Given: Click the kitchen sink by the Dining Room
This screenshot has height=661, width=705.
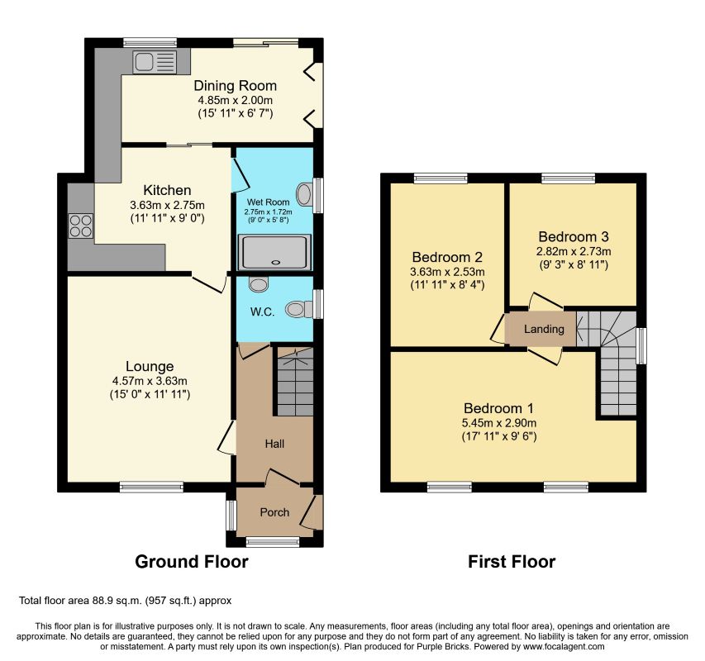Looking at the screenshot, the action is tap(155, 62).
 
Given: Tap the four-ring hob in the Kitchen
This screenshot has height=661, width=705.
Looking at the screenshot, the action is tap(81, 226).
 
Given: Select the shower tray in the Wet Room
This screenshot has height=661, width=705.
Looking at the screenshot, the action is tap(274, 252).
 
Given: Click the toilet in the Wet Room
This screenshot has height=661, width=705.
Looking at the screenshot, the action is tap(304, 194).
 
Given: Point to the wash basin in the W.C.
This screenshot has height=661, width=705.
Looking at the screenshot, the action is tap(259, 284).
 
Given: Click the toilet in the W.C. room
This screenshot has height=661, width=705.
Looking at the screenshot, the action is tap(299, 309).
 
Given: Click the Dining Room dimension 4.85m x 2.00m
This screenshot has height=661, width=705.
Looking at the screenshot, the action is tap(236, 100).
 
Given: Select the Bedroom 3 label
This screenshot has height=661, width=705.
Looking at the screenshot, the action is tap(574, 236).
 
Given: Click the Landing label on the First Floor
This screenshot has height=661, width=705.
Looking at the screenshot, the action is tap(544, 329).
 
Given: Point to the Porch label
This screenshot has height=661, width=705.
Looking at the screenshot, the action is tap(274, 512).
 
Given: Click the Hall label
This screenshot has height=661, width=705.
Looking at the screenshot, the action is tap(274, 444).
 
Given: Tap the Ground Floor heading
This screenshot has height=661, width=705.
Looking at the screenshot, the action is tap(192, 562).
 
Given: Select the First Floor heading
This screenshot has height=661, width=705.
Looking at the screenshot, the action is tap(512, 562).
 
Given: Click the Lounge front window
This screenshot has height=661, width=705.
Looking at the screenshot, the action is tap(151, 487).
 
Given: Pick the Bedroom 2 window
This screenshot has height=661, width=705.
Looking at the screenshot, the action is tap(441, 178).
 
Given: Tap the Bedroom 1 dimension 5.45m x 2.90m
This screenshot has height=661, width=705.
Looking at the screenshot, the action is tap(499, 423).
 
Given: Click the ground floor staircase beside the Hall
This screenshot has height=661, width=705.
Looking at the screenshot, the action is tap(295, 382).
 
